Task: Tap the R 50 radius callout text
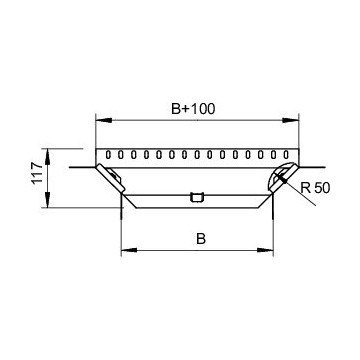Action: (x=313, y=187)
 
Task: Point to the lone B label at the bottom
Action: (x=201, y=239)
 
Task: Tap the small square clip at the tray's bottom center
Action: (x=197, y=196)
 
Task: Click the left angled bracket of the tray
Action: (x=113, y=180)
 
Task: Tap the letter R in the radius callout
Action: (x=304, y=187)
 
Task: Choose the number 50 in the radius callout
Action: (x=319, y=187)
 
